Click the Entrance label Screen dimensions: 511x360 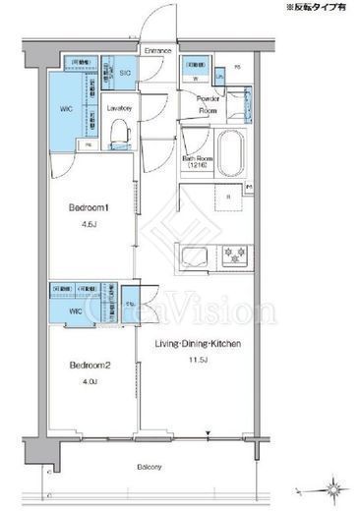157,50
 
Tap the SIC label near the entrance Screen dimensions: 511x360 125,73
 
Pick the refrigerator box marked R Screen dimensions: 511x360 228,198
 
